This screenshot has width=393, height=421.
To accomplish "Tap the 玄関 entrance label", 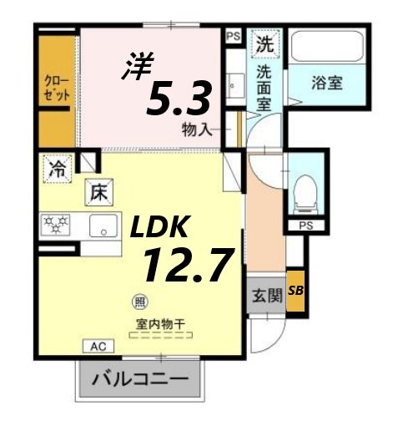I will [x=264, y=296].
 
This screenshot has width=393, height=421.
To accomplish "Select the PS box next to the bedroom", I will [x=234, y=36].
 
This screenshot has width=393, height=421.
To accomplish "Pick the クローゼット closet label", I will [x=57, y=89].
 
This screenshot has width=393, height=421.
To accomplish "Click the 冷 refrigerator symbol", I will [x=58, y=167].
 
